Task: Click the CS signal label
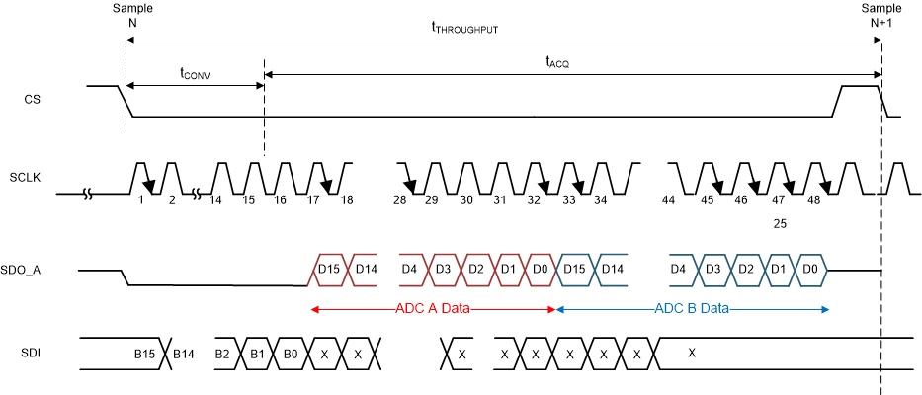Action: coord(33,100)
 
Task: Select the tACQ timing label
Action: coord(558,61)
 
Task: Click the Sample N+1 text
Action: coord(881,15)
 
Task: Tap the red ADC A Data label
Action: coord(434,309)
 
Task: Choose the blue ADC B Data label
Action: coord(692,309)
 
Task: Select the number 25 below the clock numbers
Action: coord(779,224)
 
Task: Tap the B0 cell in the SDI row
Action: coord(290,353)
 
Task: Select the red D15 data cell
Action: coord(329,269)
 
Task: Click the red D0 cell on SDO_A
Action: coord(541,269)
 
